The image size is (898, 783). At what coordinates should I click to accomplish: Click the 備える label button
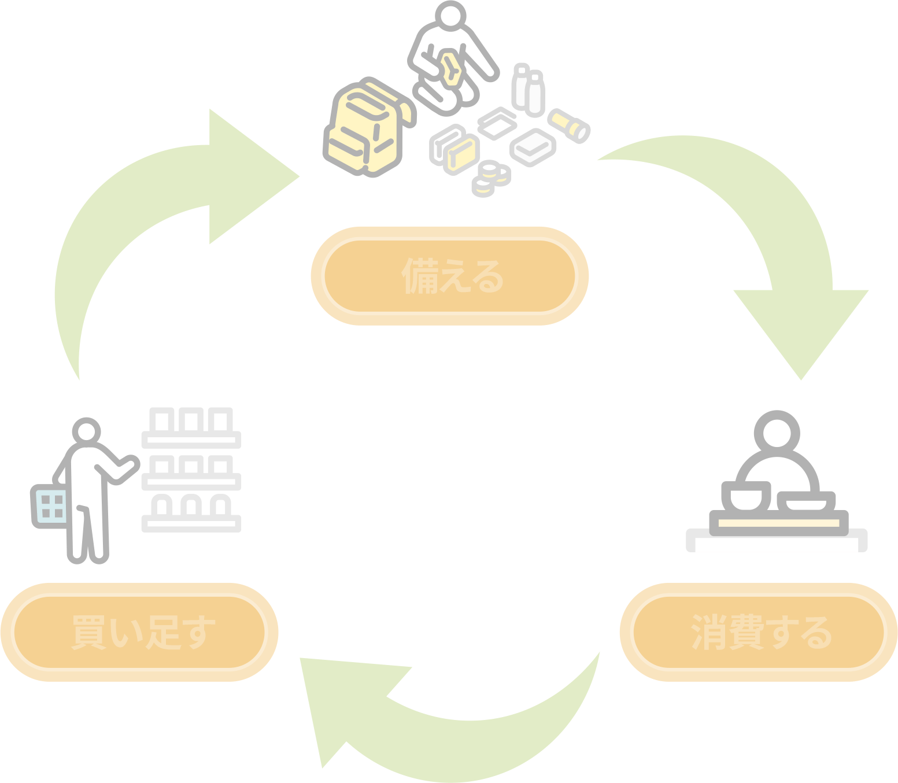pos(449,276)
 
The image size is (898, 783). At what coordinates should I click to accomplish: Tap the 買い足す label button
pos(139,633)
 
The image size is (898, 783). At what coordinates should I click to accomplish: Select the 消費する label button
pos(759,633)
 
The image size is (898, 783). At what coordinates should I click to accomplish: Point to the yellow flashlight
pos(569,126)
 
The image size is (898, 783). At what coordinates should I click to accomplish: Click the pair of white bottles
pos(529,90)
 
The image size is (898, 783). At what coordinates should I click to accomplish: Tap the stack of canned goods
pos(491,179)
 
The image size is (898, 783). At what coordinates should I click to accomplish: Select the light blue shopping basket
pos(50,507)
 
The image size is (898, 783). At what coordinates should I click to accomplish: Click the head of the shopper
pos(86,431)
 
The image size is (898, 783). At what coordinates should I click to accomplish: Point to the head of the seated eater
pos(777,434)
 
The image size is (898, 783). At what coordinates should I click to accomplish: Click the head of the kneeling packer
pos(450,16)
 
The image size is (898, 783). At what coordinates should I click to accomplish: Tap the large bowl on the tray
pos(746,497)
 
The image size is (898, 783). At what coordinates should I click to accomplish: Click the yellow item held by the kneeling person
pos(451,69)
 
